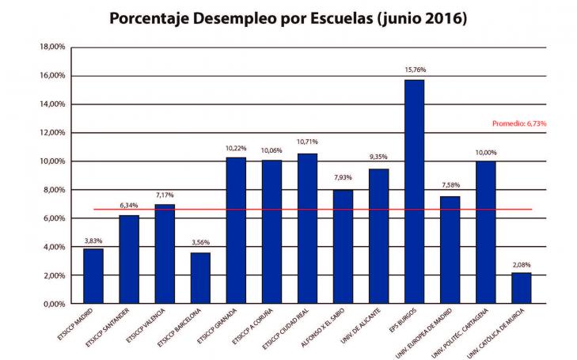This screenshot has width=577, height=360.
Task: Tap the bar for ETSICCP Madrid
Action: point(93,276)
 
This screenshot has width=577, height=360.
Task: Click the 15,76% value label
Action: point(414,70)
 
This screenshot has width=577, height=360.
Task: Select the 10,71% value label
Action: point(307,142)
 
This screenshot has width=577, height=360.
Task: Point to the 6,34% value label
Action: point(129,205)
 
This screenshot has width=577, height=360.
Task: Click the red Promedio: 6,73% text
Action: point(519,123)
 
